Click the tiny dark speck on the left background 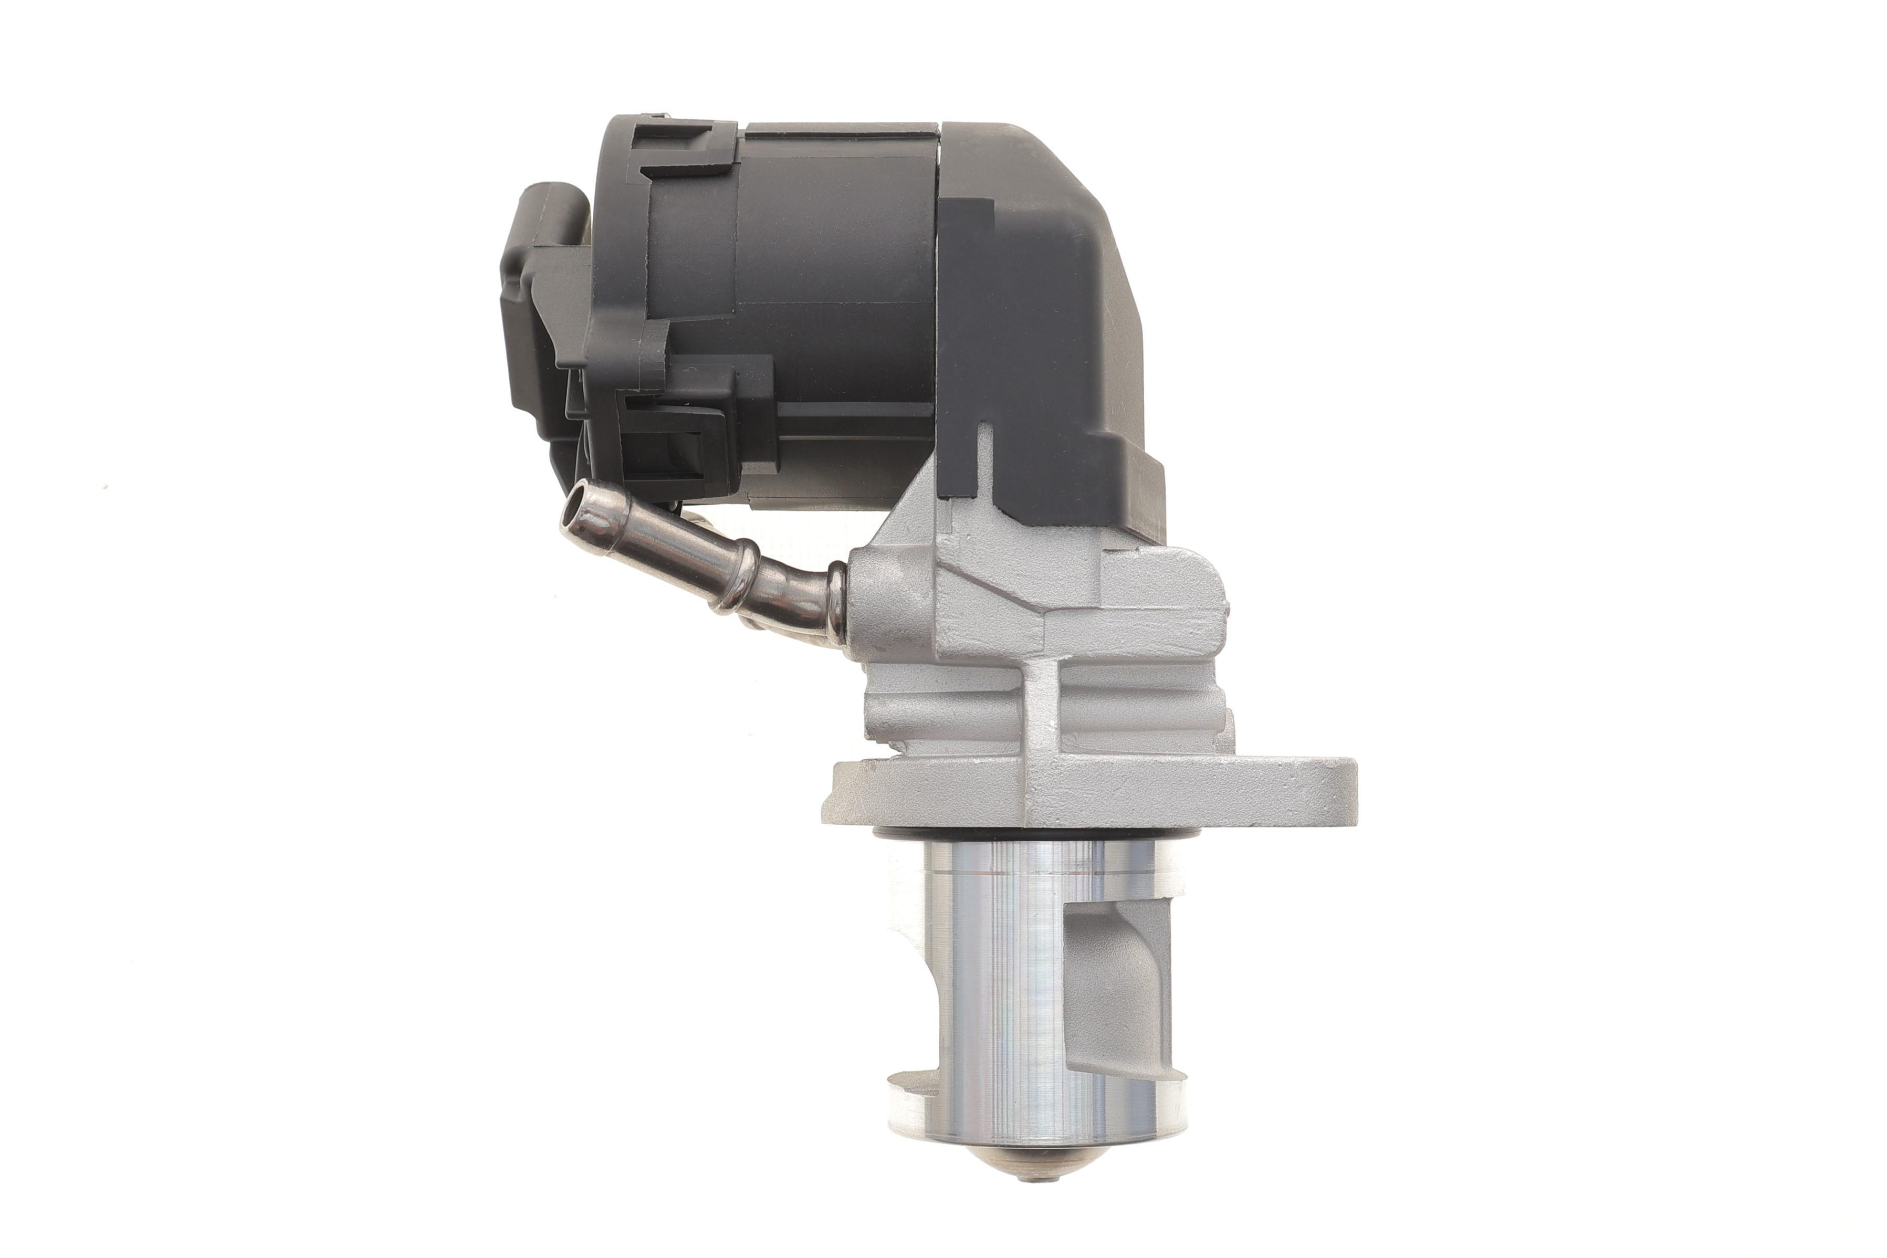(104, 487)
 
